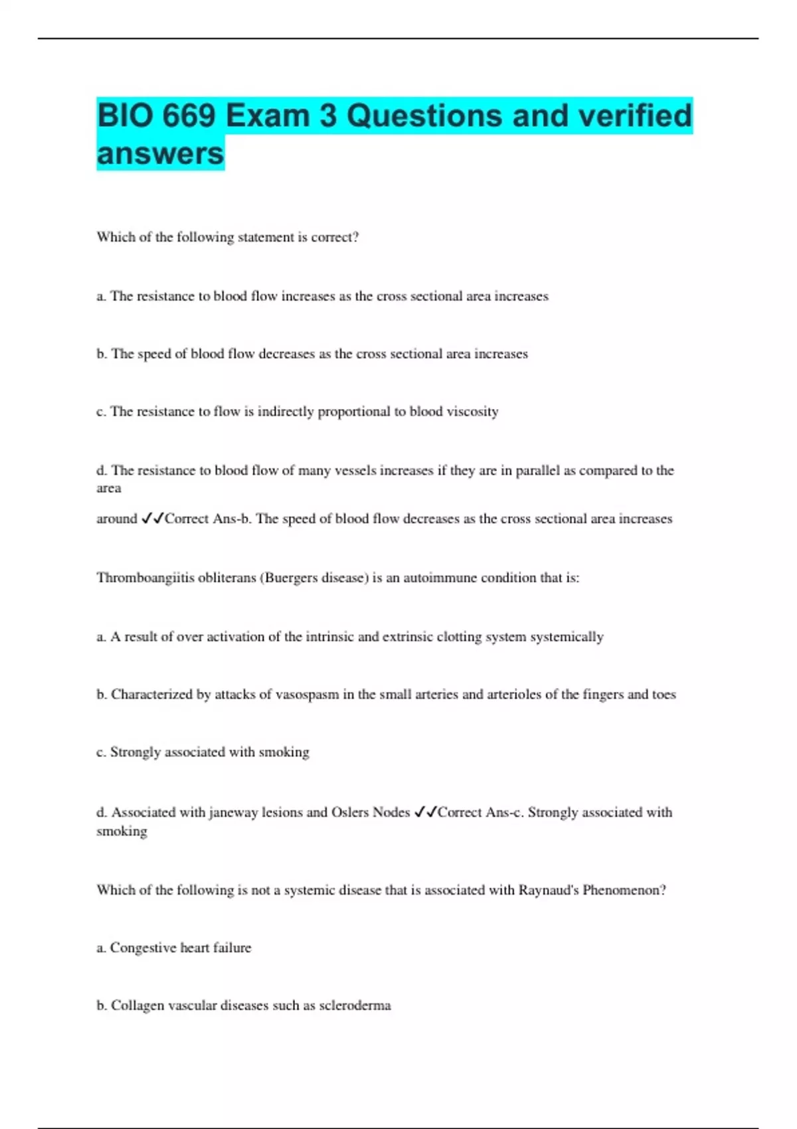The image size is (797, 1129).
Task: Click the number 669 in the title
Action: click(x=189, y=116)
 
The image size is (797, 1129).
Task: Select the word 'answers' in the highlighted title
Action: click(x=160, y=153)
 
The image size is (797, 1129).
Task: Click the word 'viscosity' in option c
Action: click(x=472, y=412)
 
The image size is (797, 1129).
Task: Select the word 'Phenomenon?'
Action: click(x=624, y=890)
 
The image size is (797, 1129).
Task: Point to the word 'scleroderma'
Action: click(x=355, y=1005)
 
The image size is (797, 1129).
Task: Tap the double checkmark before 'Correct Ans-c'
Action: click(x=425, y=812)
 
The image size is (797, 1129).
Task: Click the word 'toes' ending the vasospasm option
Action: click(x=664, y=695)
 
